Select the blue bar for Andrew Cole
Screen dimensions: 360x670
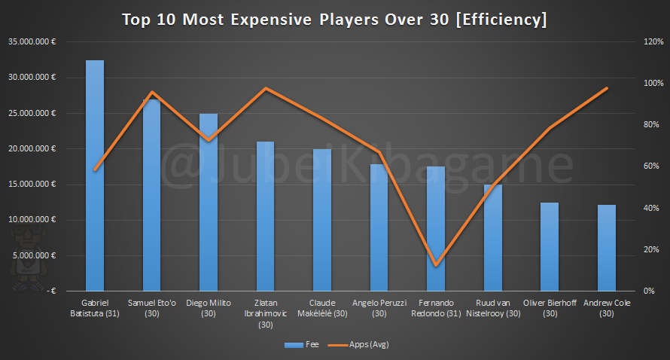point(607,248)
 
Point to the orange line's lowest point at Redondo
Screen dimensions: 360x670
point(436,264)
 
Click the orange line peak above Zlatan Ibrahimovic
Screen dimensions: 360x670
point(266,88)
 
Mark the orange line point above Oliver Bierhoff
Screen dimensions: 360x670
point(550,129)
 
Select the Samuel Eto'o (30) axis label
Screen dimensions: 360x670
point(152,307)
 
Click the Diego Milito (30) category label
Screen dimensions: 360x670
point(209,307)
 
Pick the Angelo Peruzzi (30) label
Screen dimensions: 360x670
point(379,307)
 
